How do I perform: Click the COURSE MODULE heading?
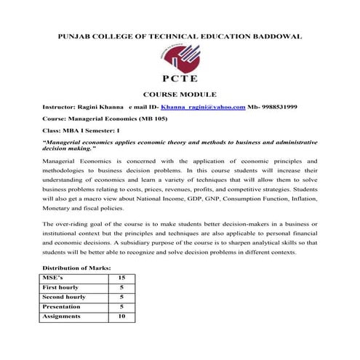(179, 95)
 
